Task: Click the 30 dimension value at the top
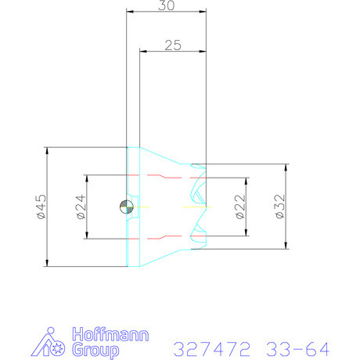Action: tap(165, 5)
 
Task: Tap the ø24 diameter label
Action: tap(79, 207)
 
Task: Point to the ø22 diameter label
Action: tap(239, 207)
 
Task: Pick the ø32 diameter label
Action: tap(278, 207)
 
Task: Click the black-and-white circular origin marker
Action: tap(126, 207)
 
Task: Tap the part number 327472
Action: tap(206, 347)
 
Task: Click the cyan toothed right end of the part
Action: tap(200, 207)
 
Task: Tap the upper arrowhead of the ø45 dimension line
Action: tap(48, 151)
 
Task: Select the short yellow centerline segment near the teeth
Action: tap(188, 207)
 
